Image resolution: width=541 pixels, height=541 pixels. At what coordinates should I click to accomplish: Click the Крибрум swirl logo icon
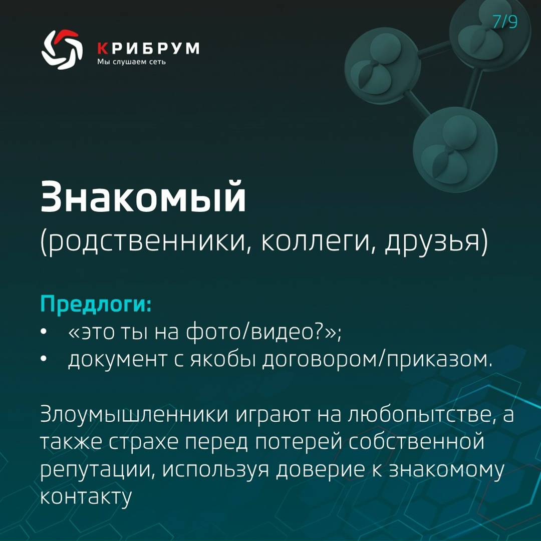pyautogui.click(x=62, y=49)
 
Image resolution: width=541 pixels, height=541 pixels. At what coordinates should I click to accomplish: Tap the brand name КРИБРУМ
pyautogui.click(x=148, y=48)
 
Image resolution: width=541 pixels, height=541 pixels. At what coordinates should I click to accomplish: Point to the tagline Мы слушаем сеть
pyautogui.click(x=131, y=62)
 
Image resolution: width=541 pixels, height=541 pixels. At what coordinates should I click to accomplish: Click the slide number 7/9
pyautogui.click(x=504, y=23)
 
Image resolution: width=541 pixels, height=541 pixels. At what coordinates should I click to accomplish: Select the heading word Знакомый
pyautogui.click(x=143, y=197)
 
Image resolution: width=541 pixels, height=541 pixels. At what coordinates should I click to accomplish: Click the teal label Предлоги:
pyautogui.click(x=96, y=304)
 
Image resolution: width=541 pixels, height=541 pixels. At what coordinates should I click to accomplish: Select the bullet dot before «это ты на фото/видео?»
pyautogui.click(x=44, y=333)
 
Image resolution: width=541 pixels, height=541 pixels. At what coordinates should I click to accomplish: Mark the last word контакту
pyautogui.click(x=86, y=497)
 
